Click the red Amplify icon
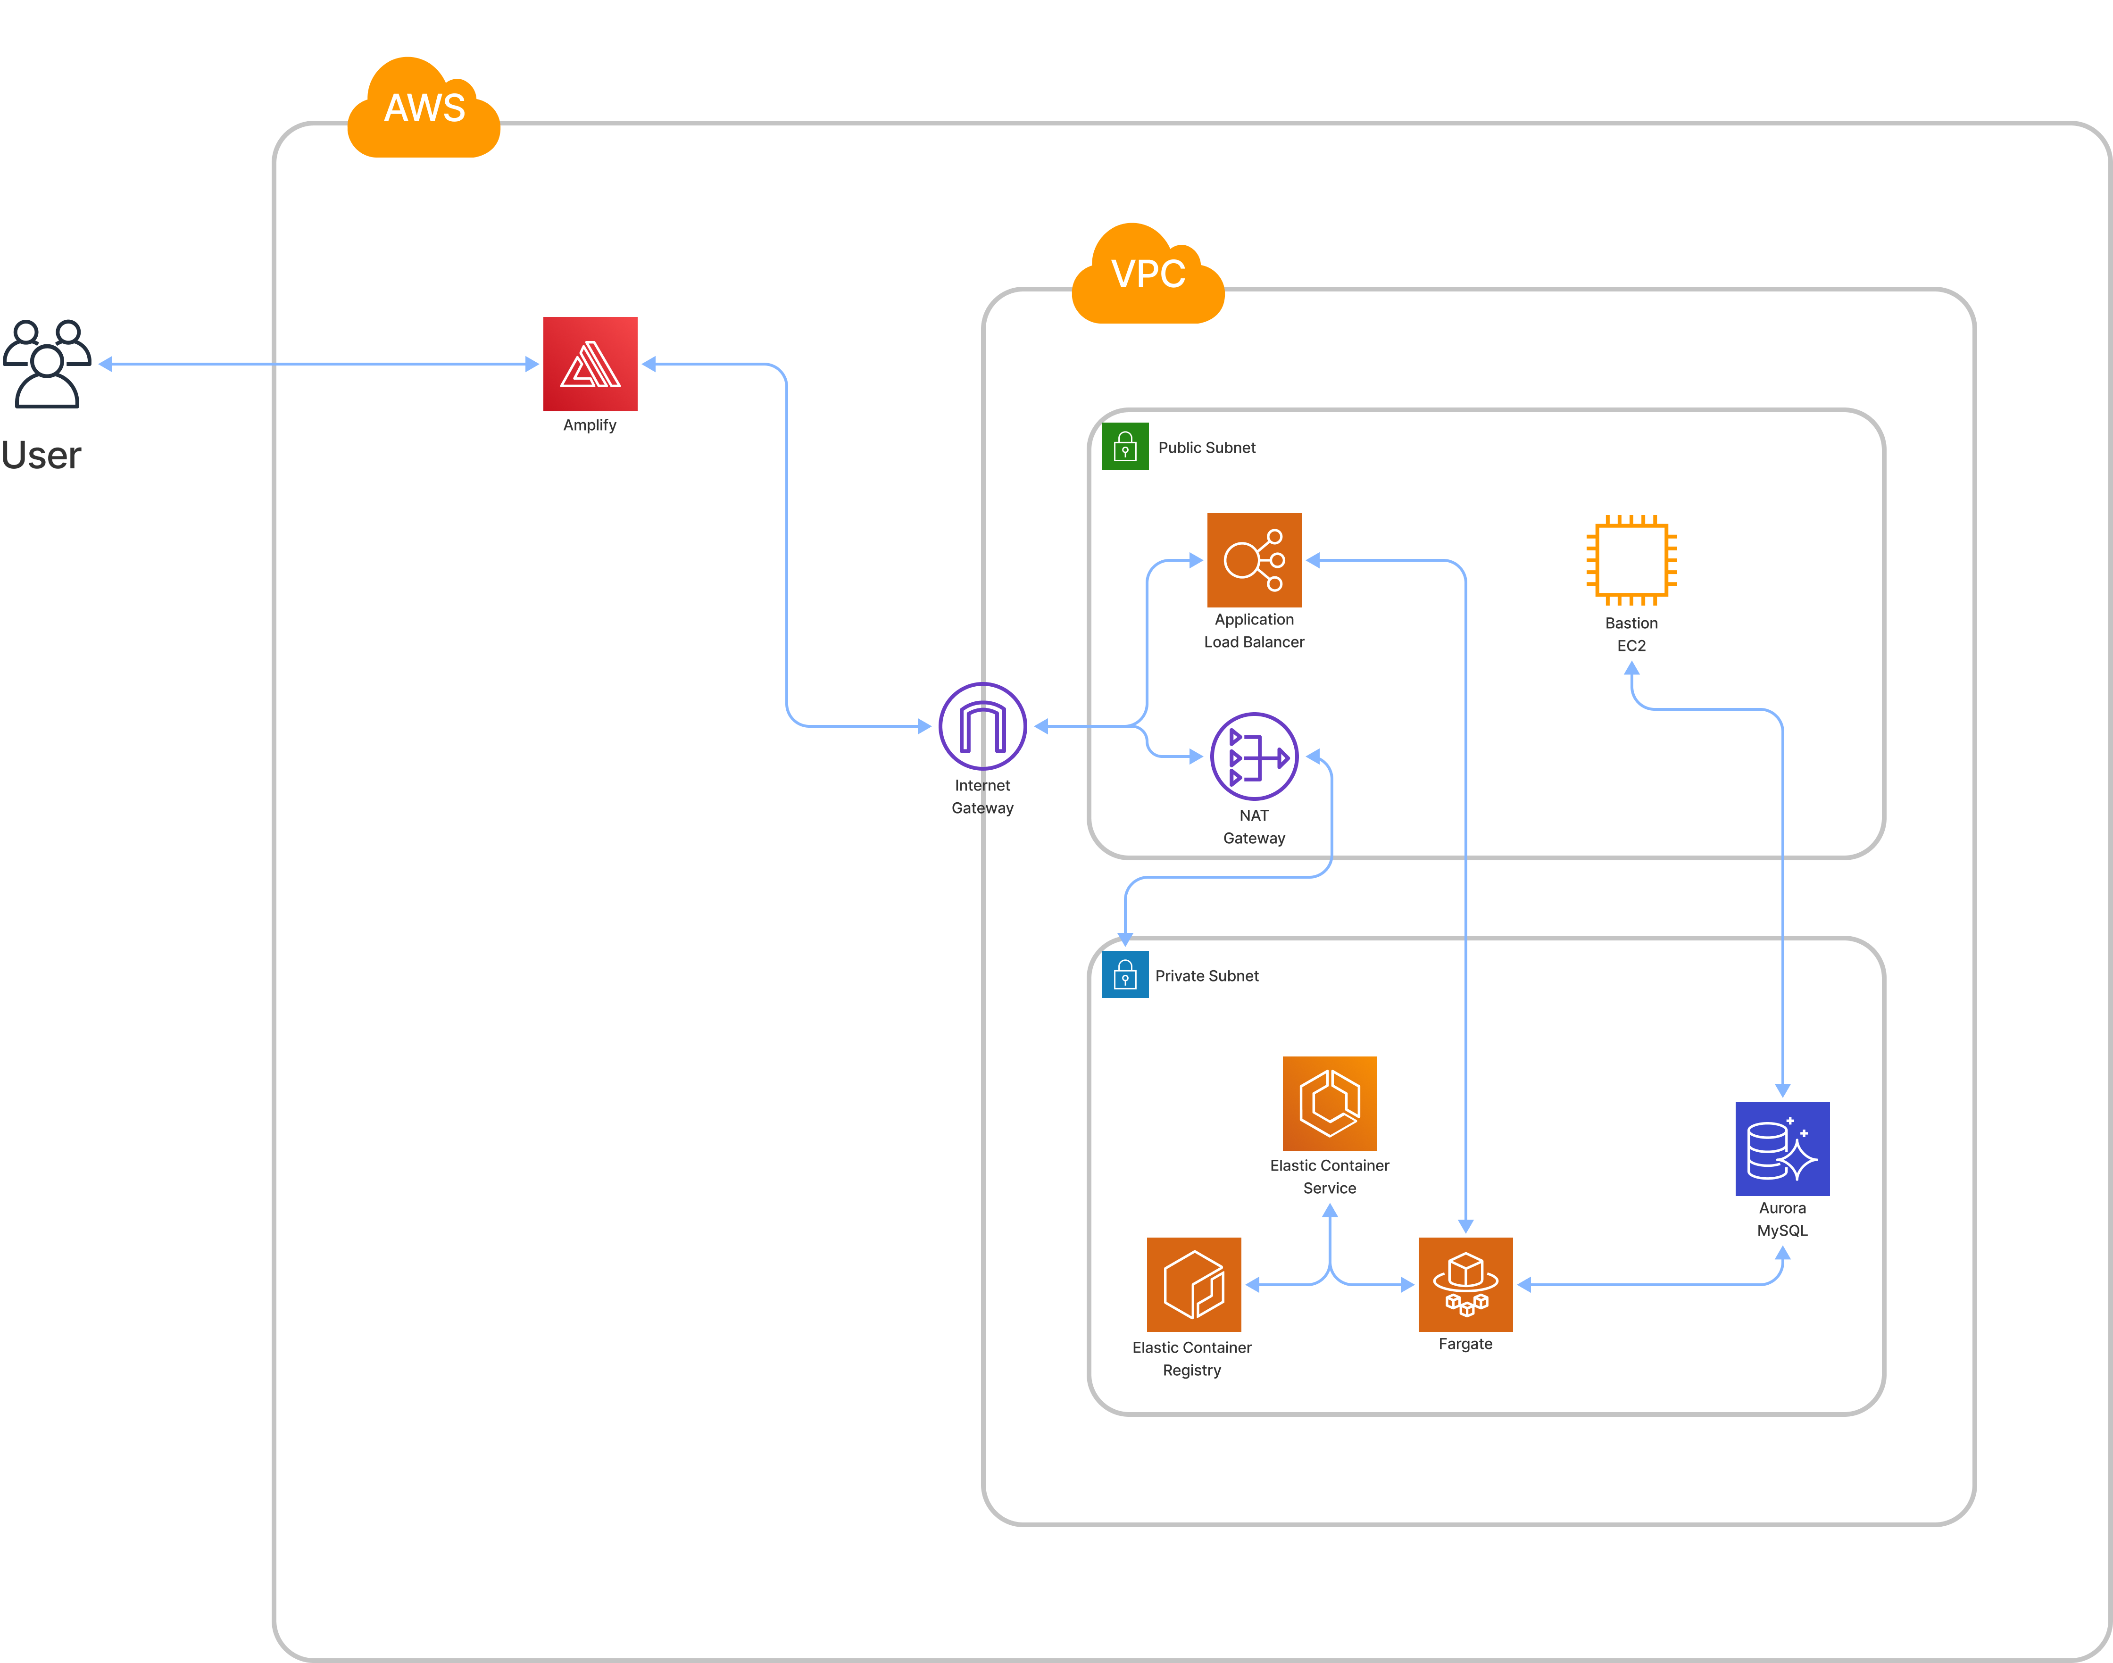(x=590, y=364)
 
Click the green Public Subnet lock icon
(x=1125, y=447)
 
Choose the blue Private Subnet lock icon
(x=1125, y=974)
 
